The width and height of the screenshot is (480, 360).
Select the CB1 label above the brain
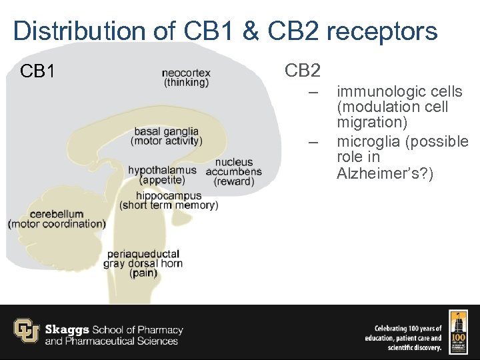[38, 71]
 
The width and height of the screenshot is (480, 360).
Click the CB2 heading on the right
[303, 70]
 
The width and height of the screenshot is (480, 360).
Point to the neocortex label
[186, 73]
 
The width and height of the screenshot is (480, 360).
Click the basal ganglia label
[166, 131]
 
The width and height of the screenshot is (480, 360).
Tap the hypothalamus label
[162, 170]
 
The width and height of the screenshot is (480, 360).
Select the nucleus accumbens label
[234, 162]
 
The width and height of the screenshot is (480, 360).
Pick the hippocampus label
[169, 195]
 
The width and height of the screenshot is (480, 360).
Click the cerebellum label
[57, 214]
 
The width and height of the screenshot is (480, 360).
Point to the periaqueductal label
[143, 253]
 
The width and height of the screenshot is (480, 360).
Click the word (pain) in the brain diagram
[143, 273]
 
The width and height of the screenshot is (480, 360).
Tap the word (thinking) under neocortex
[186, 83]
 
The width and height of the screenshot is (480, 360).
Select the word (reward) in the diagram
[234, 181]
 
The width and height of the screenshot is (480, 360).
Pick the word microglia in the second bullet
[369, 141]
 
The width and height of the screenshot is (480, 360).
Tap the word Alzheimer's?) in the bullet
[385, 173]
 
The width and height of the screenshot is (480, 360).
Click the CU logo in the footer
[27, 331]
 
